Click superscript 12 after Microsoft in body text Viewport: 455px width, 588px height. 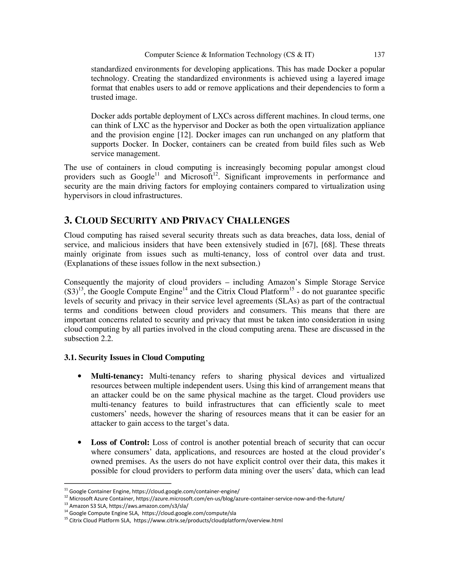(x=215, y=174)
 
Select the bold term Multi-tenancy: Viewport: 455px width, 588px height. (x=117, y=376)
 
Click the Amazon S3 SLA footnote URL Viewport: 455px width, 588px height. (x=149, y=506)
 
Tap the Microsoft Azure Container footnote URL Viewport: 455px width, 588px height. (x=240, y=498)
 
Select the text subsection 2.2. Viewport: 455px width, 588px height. (x=88, y=339)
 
